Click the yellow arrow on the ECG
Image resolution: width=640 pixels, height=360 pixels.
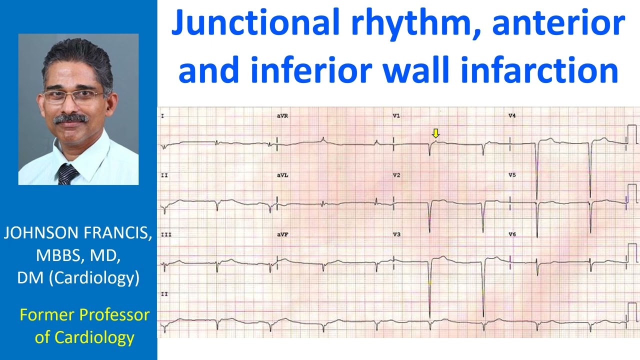(435, 133)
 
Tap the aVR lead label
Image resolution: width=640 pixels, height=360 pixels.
(282, 116)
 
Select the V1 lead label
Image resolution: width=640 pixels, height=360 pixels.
(396, 116)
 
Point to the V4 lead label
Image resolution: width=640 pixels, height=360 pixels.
(512, 116)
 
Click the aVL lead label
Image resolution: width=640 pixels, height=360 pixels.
(282, 175)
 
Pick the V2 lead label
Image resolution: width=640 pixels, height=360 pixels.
(396, 175)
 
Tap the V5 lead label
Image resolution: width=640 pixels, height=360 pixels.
(512, 175)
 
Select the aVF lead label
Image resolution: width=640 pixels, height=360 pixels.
(282, 234)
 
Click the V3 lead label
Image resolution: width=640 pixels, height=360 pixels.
(396, 234)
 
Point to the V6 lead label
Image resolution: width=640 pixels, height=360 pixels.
(512, 234)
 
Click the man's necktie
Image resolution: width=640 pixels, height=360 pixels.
(67, 174)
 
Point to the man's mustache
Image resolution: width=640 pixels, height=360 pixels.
(70, 118)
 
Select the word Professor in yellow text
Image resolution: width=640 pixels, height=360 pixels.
(114, 315)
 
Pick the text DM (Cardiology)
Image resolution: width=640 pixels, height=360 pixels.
(78, 277)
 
